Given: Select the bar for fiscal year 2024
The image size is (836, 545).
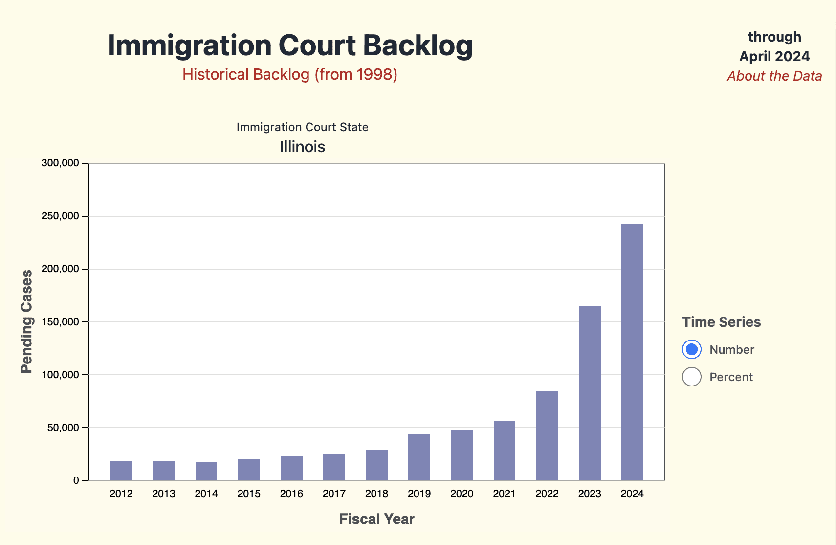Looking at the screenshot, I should click(632, 352).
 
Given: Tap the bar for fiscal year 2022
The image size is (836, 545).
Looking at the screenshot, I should click(547, 436).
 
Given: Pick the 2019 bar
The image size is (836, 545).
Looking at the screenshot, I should click(419, 457).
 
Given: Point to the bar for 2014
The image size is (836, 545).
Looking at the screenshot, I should click(206, 471).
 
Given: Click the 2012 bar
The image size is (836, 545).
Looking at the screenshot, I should click(121, 471).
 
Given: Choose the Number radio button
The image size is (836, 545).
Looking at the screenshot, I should click(692, 349).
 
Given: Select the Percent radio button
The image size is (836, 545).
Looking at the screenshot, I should click(692, 377).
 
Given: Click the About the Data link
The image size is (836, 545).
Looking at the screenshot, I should click(774, 76).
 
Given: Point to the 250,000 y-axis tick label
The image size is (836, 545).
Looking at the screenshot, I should click(60, 216).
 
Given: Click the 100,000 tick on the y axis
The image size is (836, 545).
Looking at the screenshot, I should click(60, 375).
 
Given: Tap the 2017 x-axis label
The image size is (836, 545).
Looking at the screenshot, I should click(334, 494).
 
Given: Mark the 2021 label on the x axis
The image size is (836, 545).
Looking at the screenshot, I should click(504, 494).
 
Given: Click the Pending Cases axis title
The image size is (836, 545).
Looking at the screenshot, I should click(26, 321).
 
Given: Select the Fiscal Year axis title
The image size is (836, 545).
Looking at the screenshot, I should click(376, 519).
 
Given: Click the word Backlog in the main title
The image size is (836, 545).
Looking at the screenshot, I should click(418, 45).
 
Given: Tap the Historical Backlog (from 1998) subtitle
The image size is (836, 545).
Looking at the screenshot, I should click(290, 74).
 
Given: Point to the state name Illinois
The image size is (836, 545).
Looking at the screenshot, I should click(302, 147).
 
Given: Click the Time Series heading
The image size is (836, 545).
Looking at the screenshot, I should click(722, 322).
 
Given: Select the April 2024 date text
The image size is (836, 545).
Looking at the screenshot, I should click(774, 56).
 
